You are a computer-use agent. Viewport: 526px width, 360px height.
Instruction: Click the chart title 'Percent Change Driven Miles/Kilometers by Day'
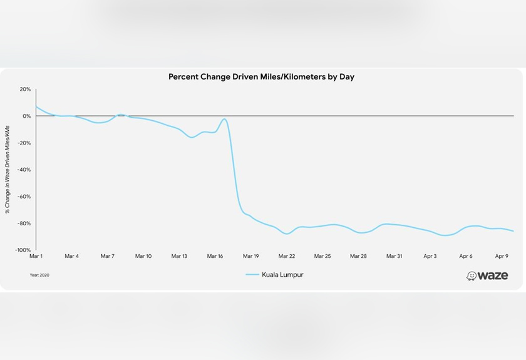262,76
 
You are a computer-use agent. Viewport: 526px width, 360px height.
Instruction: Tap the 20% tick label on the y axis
25,90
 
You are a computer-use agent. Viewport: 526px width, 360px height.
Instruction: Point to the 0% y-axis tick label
26,116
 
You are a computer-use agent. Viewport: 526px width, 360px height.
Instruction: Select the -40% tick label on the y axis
24,170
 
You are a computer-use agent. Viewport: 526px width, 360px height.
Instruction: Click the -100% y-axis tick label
23,250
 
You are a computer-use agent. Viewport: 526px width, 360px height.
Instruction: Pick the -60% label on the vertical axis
24,197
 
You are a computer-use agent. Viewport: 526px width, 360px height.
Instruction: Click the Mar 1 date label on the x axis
36,256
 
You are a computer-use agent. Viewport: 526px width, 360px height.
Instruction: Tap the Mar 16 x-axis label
215,256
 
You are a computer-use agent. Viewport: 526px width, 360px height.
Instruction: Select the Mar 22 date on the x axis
287,256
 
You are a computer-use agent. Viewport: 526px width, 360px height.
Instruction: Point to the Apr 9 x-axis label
502,256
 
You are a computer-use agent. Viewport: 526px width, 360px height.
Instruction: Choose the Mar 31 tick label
394,256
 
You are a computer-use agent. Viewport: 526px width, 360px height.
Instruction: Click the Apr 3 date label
430,256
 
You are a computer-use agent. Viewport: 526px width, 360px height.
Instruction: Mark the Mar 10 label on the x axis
143,256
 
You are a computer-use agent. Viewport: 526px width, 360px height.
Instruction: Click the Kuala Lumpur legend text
282,275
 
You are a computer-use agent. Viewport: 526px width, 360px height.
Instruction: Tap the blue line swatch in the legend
252,275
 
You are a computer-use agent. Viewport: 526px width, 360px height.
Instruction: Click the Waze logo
487,275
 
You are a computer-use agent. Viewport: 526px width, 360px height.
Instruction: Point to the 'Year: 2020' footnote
39,275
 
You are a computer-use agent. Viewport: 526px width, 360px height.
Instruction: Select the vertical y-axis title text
8,169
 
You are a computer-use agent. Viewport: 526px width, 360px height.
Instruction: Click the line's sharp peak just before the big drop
224,119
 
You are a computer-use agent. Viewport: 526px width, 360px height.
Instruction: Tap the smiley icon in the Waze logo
472,276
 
